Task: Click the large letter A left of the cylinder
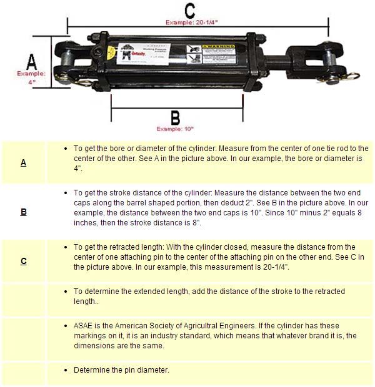click(31, 62)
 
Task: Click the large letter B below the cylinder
click(175, 117)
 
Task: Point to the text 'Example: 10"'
click(175, 129)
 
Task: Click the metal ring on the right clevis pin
click(351, 77)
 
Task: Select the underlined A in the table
click(23, 163)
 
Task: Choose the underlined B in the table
click(23, 212)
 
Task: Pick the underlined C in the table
click(23, 261)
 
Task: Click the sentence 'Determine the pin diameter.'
click(121, 370)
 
